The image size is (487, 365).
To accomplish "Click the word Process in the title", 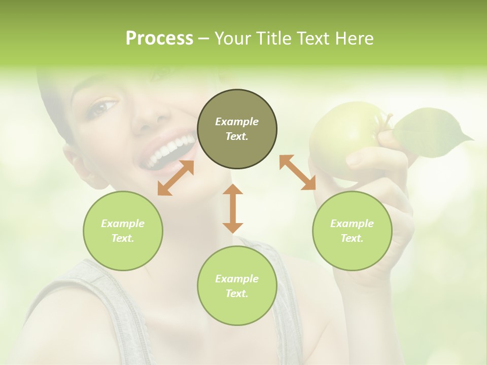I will click(159, 39).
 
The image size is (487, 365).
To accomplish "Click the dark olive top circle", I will click(237, 129).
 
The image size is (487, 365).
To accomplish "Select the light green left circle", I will click(123, 231).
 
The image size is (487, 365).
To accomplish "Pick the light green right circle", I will click(352, 231).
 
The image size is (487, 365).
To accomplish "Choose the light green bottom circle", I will click(237, 286).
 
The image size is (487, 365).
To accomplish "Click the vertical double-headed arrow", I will click(233, 208).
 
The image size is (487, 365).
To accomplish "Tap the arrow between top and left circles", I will click(176, 178).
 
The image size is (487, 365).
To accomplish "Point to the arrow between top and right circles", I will click(298, 172).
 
